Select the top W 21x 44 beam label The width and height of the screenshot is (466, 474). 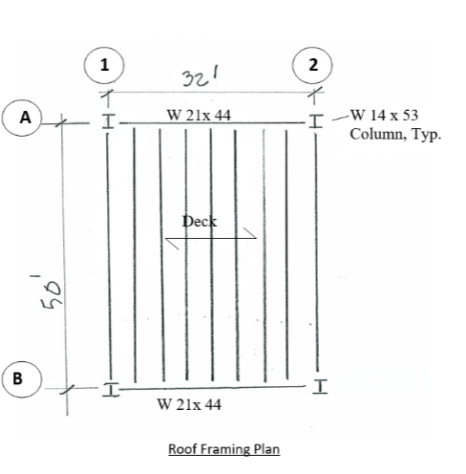[x=199, y=115]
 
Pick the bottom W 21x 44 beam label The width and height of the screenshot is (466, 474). [x=189, y=404]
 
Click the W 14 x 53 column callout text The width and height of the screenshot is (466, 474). [x=385, y=116]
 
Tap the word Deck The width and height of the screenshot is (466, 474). [x=200, y=221]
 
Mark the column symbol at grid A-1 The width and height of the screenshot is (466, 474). [x=109, y=121]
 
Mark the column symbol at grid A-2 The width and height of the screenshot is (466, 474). [x=315, y=120]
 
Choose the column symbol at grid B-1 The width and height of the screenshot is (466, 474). [x=110, y=389]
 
